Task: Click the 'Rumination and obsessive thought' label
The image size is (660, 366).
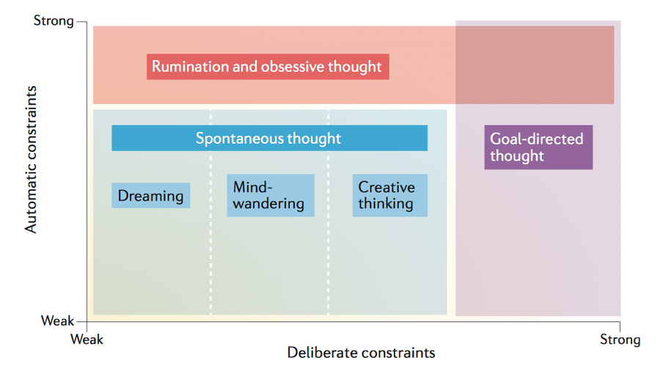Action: [268, 67]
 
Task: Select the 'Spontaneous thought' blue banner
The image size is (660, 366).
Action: [269, 138]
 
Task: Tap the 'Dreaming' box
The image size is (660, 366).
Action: [150, 195]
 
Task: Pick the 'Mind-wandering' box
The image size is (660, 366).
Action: [271, 195]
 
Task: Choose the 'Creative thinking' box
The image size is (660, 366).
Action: [390, 195]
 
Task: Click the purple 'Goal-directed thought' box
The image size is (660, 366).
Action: [538, 147]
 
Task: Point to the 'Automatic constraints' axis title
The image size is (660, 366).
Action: [31, 160]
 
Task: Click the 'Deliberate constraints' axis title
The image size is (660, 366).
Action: [361, 353]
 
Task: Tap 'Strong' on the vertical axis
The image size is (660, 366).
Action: [54, 21]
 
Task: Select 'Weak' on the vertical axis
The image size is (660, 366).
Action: [58, 321]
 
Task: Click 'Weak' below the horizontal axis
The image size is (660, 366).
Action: [87, 339]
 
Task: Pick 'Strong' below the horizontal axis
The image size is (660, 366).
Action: [620, 340]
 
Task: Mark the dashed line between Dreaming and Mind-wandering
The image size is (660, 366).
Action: [211, 212]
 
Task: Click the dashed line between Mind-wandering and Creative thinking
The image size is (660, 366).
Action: [329, 212]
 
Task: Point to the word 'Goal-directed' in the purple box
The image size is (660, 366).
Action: [537, 139]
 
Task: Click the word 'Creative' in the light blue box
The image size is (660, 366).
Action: [386, 187]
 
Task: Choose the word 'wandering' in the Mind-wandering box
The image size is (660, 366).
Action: [268, 204]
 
